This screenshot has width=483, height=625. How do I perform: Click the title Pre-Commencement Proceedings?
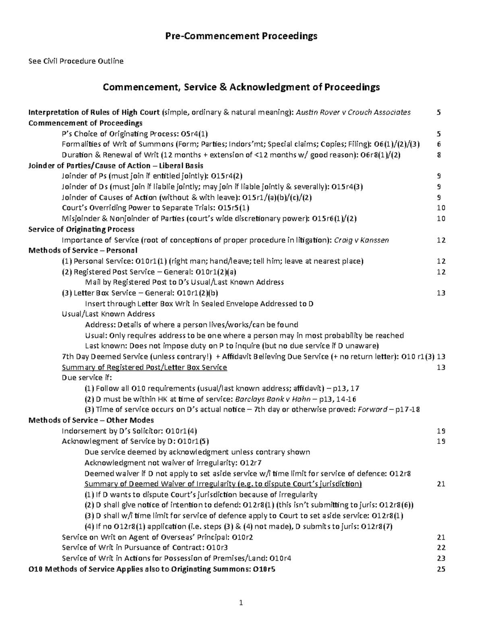pos(241,36)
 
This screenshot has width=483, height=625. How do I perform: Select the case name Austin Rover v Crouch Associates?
pos(353,112)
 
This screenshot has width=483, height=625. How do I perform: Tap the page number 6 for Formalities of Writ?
pos(439,144)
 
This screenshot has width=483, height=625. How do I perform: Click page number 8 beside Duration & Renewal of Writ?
pos(439,155)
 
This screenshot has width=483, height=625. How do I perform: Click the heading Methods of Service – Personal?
pos(83,250)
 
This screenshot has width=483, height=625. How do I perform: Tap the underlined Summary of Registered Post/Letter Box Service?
pos(144,367)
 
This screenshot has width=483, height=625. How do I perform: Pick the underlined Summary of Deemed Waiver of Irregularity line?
pos(223,484)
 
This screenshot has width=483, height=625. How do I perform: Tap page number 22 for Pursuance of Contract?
pos(441,548)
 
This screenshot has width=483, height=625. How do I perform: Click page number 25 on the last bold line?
pos(441,569)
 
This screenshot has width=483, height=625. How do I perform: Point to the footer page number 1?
pos(241,602)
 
